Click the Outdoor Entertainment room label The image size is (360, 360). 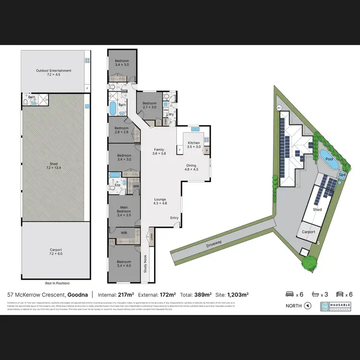coord(53,72)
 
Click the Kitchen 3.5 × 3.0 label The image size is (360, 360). coord(193,145)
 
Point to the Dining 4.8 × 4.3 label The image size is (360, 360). coord(192,168)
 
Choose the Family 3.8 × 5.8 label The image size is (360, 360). coord(158,152)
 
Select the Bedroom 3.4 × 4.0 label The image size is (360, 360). coord(124,263)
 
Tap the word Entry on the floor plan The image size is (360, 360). coord(174,218)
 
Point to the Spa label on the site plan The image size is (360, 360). coord(342,176)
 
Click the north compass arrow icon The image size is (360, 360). coord(308,306)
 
